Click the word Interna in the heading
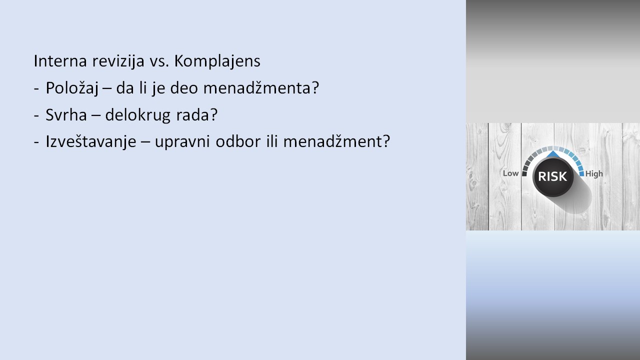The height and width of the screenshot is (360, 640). (x=60, y=61)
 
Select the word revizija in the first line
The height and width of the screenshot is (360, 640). (x=118, y=61)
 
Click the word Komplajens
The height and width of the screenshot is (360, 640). (x=217, y=61)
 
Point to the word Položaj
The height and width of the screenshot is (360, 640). (x=72, y=88)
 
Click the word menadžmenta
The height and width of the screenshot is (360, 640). (x=257, y=87)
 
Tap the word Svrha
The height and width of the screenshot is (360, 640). (x=66, y=115)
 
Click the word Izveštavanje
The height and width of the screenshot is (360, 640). (x=91, y=141)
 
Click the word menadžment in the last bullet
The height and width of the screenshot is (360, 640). (x=332, y=141)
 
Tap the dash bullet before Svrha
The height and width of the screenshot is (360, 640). (x=36, y=115)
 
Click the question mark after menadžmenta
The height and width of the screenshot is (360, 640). (x=315, y=87)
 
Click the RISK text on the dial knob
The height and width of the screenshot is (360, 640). (x=552, y=176)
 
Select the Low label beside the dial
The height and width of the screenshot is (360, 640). (x=510, y=173)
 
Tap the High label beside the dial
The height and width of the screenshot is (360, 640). (x=594, y=173)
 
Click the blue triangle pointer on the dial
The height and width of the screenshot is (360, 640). (x=553, y=154)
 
